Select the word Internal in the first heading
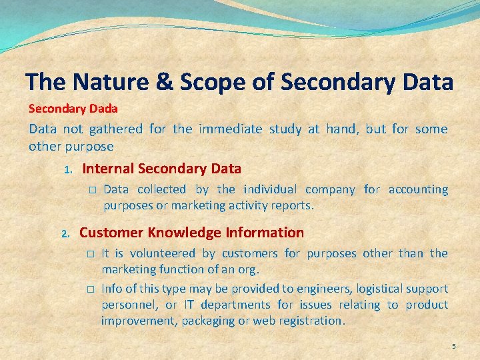tap(109, 169)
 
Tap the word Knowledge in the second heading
tap(184, 233)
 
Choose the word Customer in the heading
tap(111, 233)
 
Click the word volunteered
tap(163, 253)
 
